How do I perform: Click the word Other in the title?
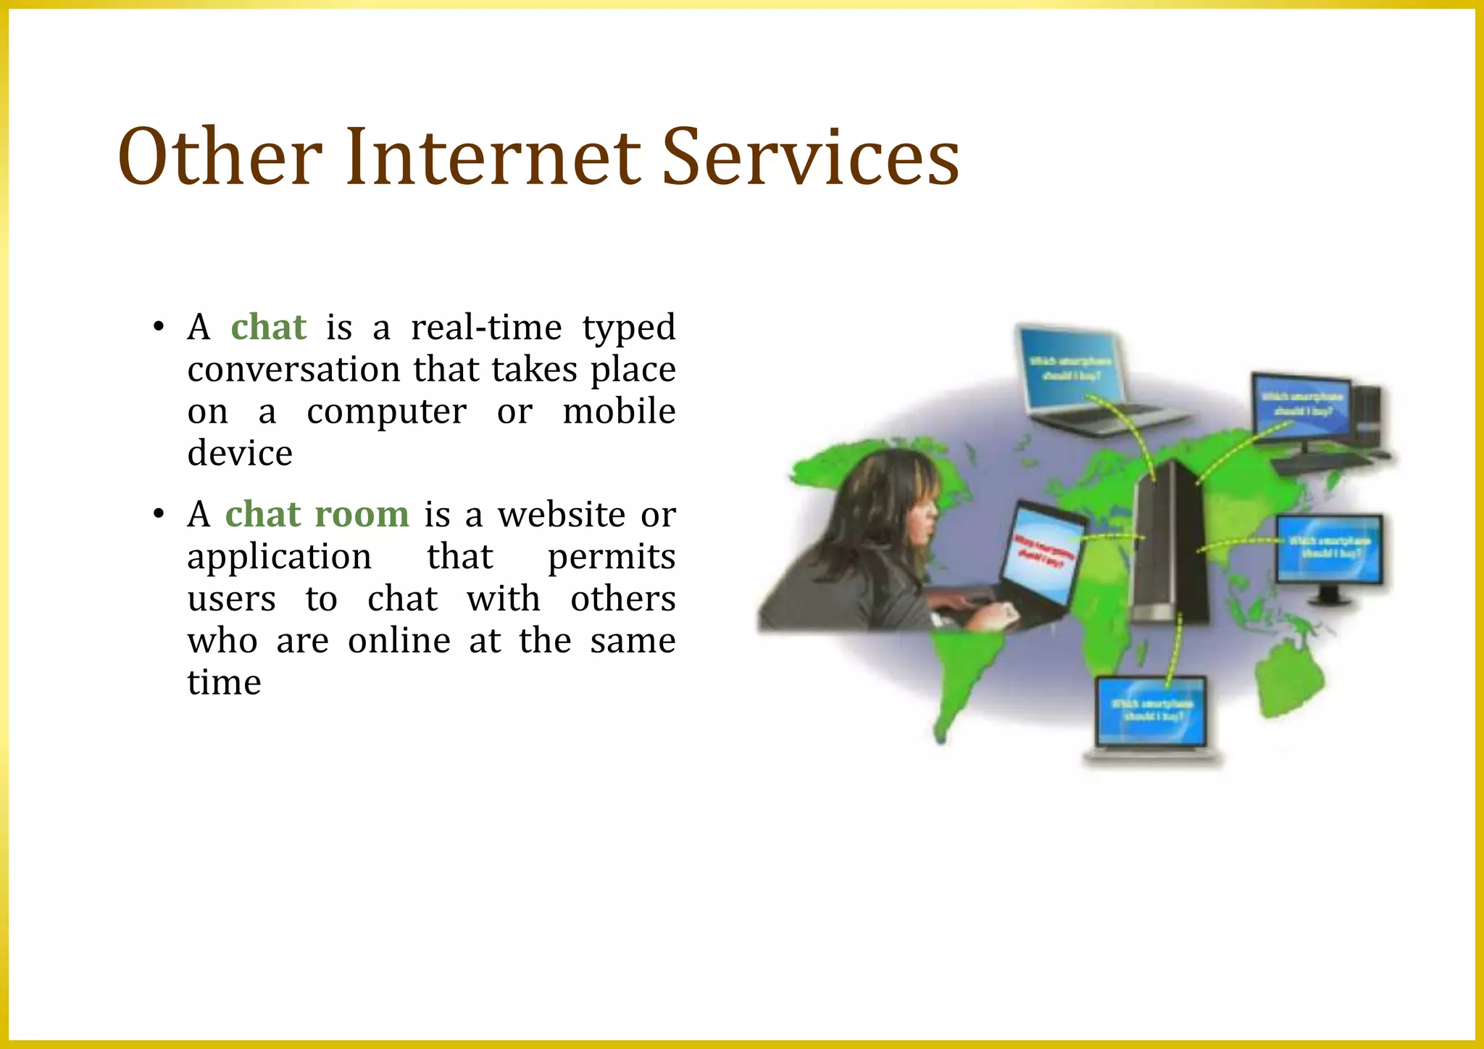220,157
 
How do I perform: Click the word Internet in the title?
493,157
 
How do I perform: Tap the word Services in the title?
810,157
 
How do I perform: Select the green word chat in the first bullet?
269,327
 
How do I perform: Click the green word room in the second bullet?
362,515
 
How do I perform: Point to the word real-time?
486,327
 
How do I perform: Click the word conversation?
293,369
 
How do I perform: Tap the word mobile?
619,411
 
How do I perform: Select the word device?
240,454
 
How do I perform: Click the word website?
562,515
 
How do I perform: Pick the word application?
279,557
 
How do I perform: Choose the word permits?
611,557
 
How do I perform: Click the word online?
399,641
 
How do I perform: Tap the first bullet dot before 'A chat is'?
159,327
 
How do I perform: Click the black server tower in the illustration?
1169,544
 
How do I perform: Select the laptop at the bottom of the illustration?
1152,718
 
